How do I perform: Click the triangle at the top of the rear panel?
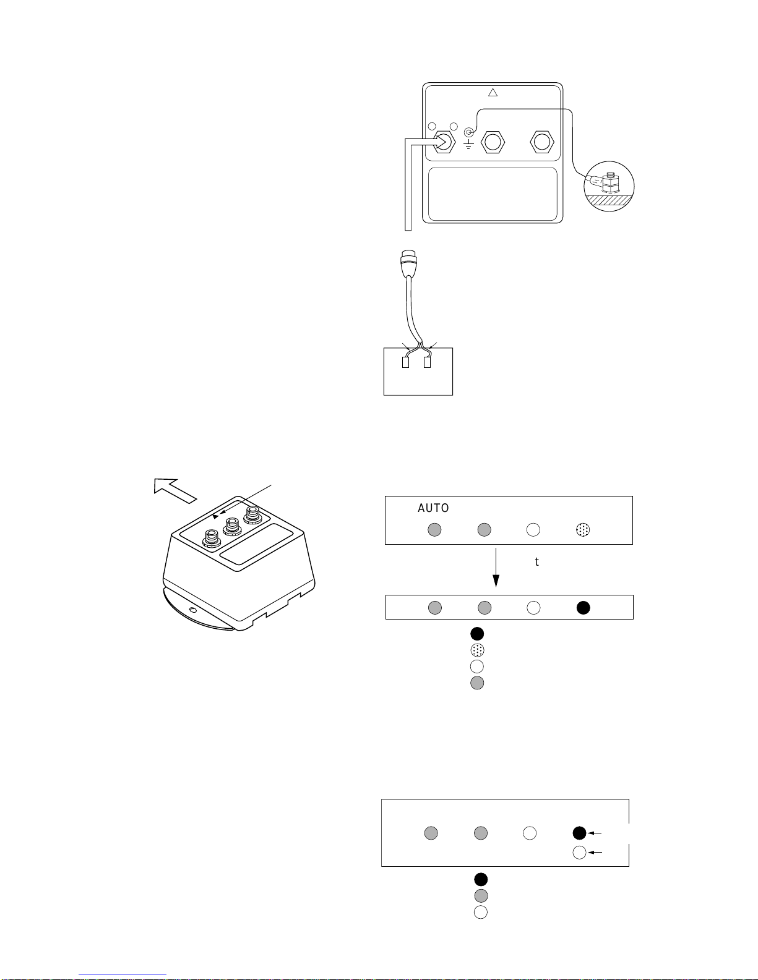tap(493, 93)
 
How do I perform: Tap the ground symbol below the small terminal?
tap(469, 144)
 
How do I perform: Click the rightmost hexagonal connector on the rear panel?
tap(541, 142)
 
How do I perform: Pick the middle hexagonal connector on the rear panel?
tap(493, 142)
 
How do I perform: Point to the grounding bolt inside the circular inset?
tap(610, 182)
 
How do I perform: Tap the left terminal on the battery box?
tap(406, 362)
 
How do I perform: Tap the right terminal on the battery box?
tap(428, 362)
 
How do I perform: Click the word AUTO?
tap(433, 508)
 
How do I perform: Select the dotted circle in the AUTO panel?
tap(583, 529)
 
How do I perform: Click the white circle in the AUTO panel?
tap(533, 529)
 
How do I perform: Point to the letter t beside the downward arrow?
tap(537, 562)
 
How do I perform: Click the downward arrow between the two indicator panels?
tap(496, 568)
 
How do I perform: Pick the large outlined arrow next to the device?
tap(175, 490)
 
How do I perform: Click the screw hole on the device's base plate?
tap(192, 610)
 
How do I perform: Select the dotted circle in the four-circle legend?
tap(477, 650)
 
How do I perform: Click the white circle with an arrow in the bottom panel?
tap(579, 853)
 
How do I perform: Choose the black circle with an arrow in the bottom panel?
tap(579, 833)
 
